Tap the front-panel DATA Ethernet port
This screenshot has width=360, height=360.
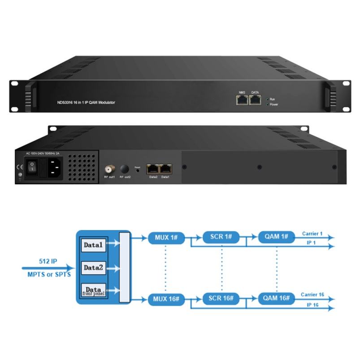pos(255,100)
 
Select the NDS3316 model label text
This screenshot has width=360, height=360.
pos(90,103)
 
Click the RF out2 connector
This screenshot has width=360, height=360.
pos(124,169)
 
